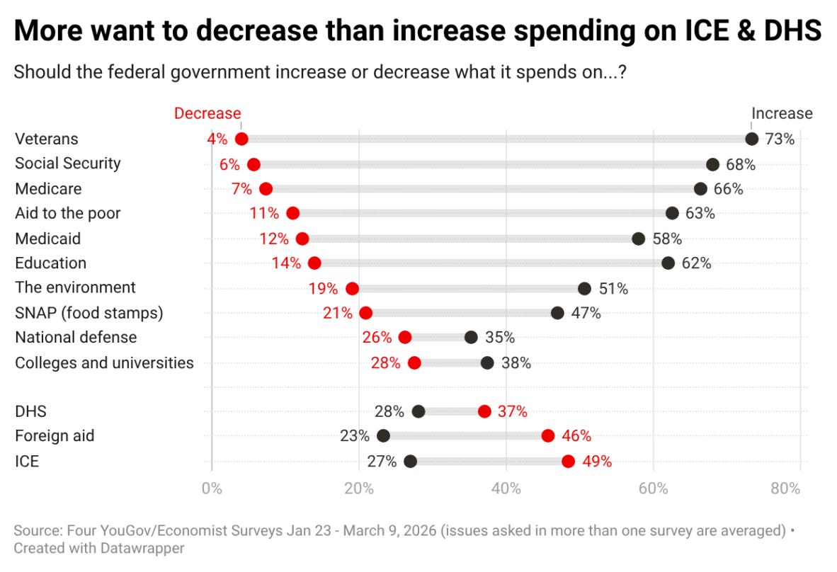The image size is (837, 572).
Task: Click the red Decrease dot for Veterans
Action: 241,139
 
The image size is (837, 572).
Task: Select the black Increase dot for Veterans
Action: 751,139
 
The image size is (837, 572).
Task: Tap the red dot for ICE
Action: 568,462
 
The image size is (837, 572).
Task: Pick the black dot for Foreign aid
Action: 383,436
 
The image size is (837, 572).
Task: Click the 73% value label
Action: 780,139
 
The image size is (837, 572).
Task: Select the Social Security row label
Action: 68,164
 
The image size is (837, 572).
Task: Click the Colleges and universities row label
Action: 104,363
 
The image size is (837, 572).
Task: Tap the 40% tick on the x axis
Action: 506,488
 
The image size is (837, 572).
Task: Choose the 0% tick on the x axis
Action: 212,488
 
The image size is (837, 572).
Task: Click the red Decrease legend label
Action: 207,113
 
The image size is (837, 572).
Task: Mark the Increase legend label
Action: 782,113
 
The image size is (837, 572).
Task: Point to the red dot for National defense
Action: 404,338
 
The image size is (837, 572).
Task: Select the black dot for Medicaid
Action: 639,239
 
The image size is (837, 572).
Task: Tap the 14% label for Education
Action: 286,263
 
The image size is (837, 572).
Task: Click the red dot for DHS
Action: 484,411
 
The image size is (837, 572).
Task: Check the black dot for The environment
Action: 584,288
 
